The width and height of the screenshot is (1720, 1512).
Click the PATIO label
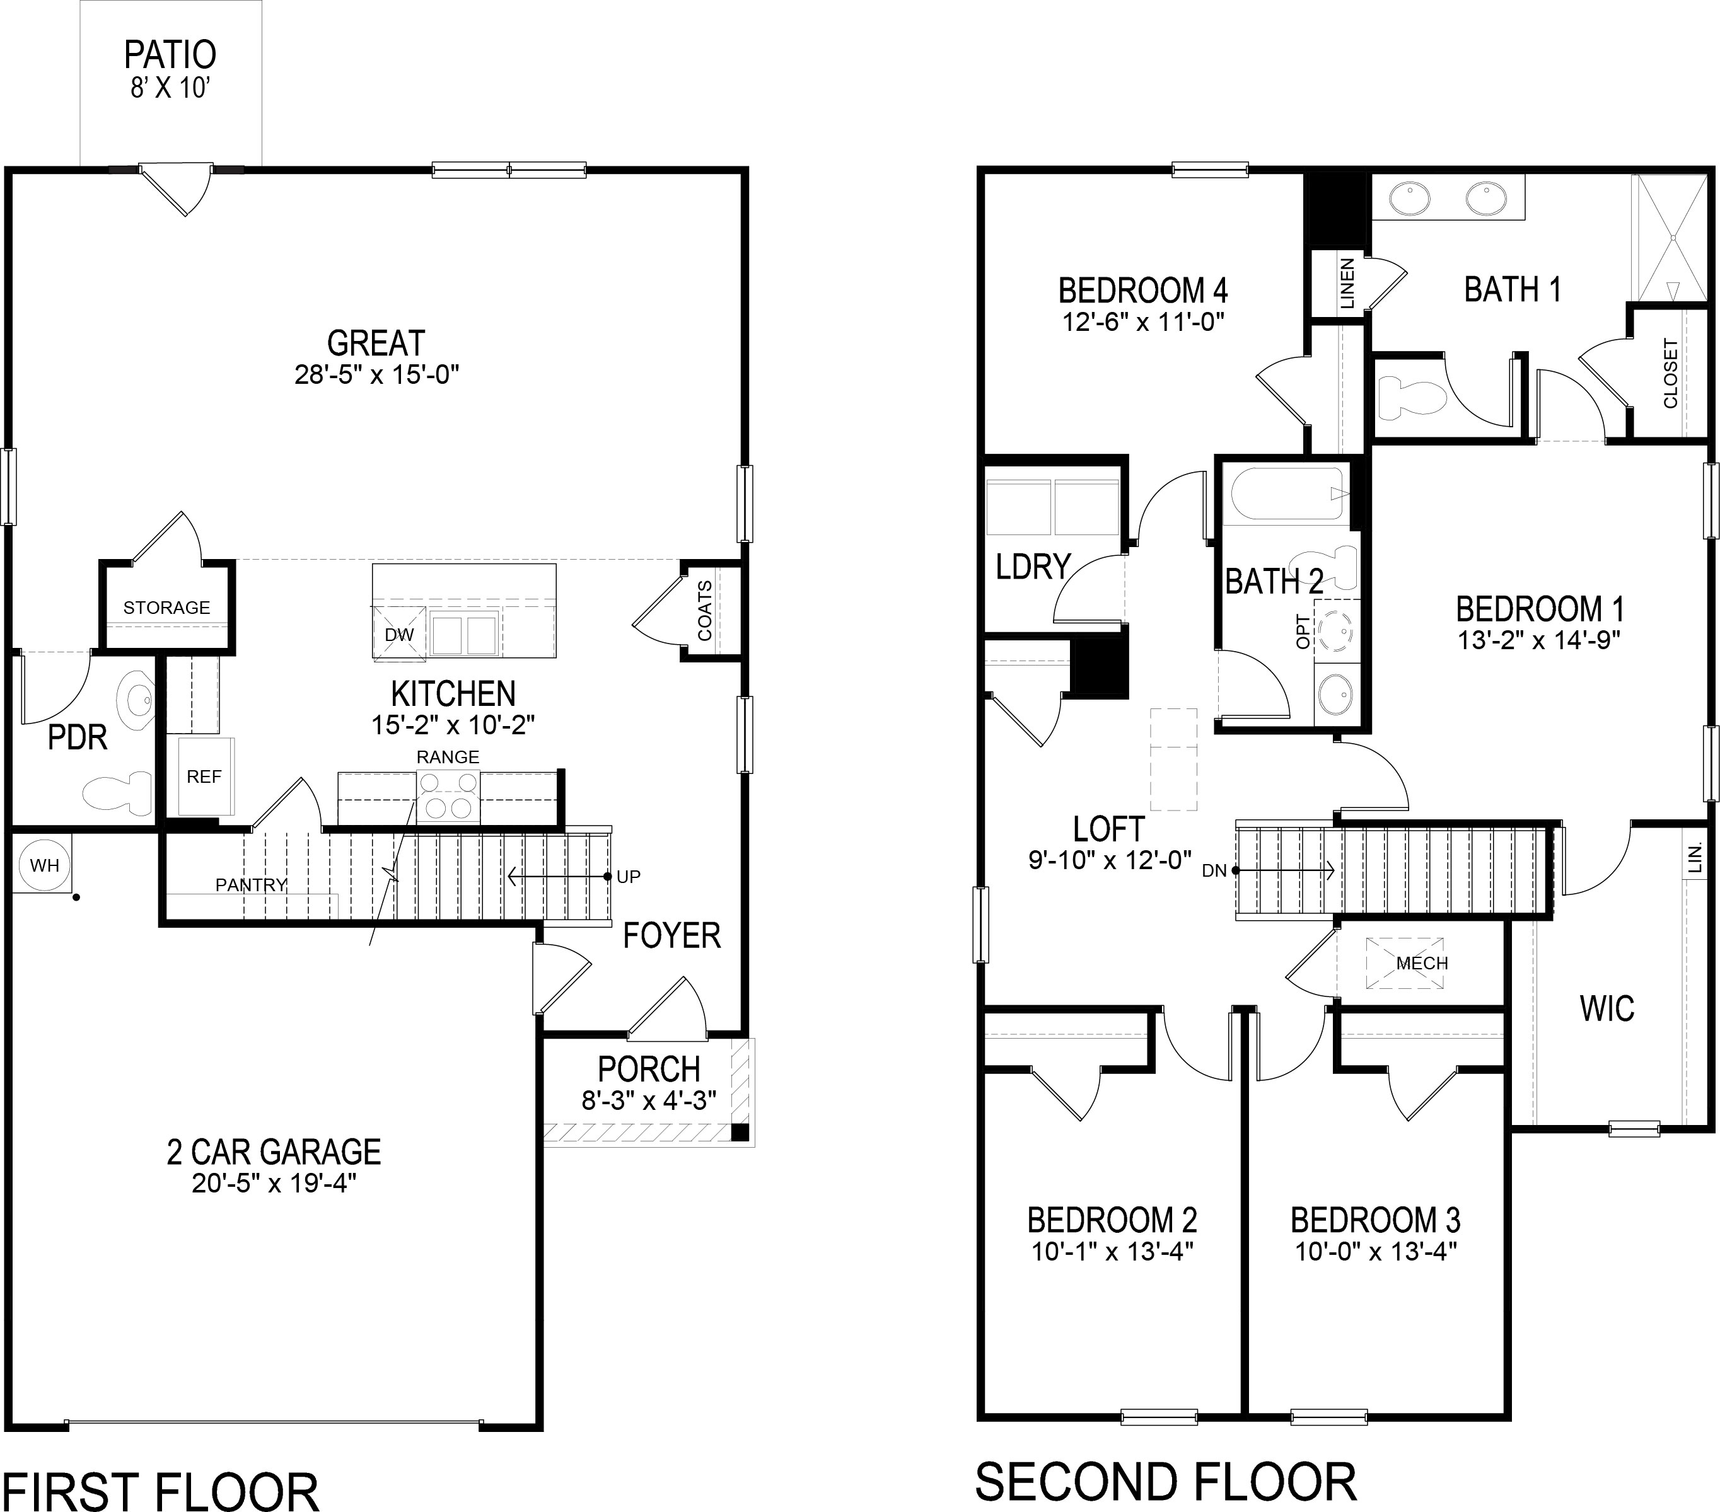tap(170, 55)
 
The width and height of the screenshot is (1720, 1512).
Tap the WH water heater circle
tap(43, 864)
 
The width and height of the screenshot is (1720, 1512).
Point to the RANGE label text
tap(448, 756)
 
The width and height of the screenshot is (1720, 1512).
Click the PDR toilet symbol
tap(117, 791)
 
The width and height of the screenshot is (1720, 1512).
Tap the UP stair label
tap(628, 876)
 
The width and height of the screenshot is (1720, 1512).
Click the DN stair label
tap(1214, 871)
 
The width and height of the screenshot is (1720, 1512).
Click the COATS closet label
tap(704, 610)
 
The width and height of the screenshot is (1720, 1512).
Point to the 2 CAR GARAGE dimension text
tap(274, 1183)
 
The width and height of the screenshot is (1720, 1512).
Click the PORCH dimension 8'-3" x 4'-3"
tap(648, 1100)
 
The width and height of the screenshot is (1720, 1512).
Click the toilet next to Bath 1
tap(1414, 398)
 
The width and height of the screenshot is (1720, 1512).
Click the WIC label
tap(1607, 1008)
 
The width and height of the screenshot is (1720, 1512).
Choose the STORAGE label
tap(166, 607)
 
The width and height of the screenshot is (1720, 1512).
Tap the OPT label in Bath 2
tap(1303, 631)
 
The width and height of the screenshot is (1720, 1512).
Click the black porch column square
tap(739, 1132)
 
